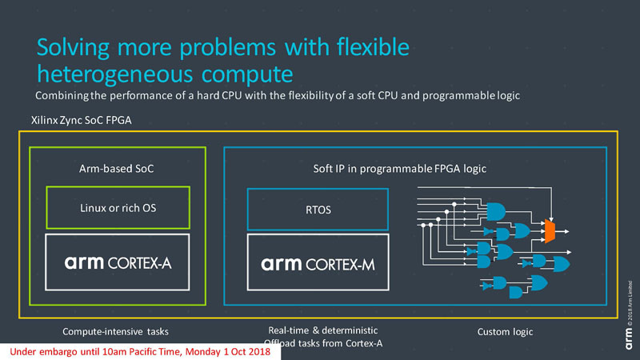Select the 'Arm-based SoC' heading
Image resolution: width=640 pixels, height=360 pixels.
(118, 168)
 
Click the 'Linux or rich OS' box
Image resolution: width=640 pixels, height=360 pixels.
(118, 208)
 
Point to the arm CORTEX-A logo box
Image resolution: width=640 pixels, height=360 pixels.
(118, 262)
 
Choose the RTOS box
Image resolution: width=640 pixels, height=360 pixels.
(318, 210)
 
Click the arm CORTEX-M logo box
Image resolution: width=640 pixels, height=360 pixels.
(318, 262)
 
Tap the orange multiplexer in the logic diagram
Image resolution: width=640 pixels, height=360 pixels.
(549, 231)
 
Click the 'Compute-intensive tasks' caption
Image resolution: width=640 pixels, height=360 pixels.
(118, 331)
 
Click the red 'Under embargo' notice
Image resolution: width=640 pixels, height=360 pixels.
(139, 352)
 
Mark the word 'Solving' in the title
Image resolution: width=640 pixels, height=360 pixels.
(74, 48)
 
